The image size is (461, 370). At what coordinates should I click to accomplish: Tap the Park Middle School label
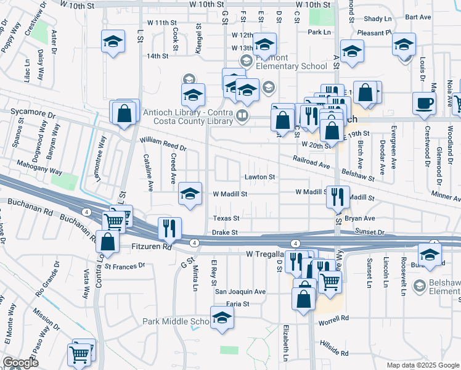point(176,321)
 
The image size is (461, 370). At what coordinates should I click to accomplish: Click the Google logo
point(20,363)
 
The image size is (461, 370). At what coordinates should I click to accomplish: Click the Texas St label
point(226,218)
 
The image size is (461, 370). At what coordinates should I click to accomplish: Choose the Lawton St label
point(259,177)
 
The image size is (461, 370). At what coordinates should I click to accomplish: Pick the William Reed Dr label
point(163,146)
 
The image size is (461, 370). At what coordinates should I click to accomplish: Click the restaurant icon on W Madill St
point(337,196)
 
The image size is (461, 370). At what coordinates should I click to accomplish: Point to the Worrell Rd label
point(333,318)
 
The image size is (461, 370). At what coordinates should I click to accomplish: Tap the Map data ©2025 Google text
point(422,365)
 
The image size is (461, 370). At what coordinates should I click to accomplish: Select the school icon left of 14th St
point(113,41)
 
